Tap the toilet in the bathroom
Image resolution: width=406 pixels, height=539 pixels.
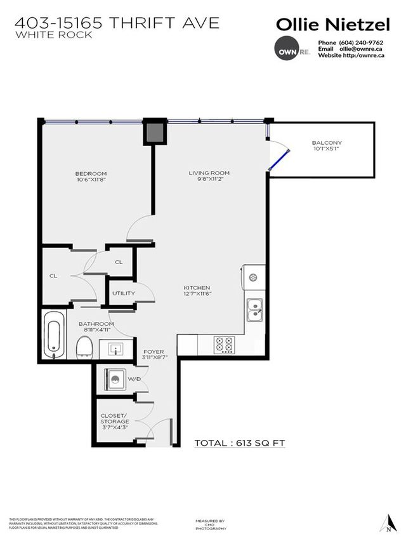tap(84, 347)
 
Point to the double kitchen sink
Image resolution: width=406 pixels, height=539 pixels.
tap(255, 310)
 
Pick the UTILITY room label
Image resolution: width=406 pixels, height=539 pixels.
tap(123, 293)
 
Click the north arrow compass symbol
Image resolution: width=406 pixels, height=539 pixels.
tap(387, 520)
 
